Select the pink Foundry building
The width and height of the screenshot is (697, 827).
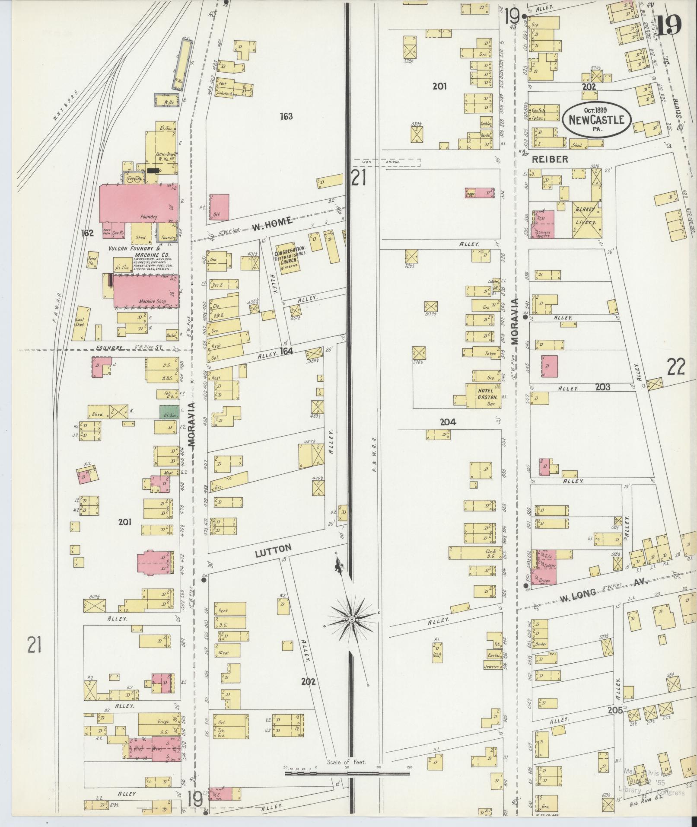point(139,204)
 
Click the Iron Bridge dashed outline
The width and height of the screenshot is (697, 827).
point(387,162)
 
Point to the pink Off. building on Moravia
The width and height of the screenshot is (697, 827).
point(219,207)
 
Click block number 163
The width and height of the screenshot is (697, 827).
point(286,116)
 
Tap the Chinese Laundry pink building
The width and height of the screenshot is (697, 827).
point(543,225)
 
